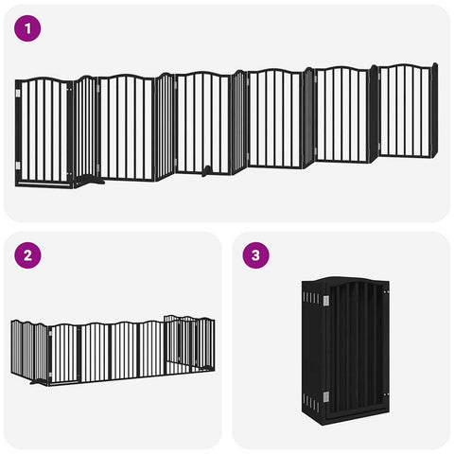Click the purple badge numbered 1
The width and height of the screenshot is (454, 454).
(x=27, y=28)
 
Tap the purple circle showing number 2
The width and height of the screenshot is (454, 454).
(x=27, y=255)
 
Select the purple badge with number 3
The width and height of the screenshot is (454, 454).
(x=255, y=255)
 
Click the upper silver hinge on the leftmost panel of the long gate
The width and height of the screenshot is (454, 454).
(x=18, y=94)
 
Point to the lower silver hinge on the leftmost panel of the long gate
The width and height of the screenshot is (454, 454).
(x=18, y=166)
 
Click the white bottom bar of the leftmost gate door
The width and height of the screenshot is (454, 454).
(x=44, y=183)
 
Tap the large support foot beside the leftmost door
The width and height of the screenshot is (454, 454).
(x=90, y=181)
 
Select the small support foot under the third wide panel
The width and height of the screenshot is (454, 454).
(x=207, y=170)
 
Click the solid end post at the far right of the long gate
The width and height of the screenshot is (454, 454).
(x=434, y=111)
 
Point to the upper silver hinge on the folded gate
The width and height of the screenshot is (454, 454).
(x=326, y=301)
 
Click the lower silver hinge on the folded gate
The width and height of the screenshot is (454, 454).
(x=326, y=397)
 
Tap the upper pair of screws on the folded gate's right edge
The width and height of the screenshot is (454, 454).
(x=386, y=292)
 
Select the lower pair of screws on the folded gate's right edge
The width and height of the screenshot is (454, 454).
(x=386, y=394)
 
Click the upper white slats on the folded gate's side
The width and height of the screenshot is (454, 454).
(x=311, y=298)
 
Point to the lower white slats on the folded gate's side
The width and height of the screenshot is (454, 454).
(x=310, y=402)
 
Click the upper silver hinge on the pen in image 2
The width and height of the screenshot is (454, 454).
(x=49, y=333)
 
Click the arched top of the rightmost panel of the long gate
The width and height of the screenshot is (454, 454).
(x=406, y=66)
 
